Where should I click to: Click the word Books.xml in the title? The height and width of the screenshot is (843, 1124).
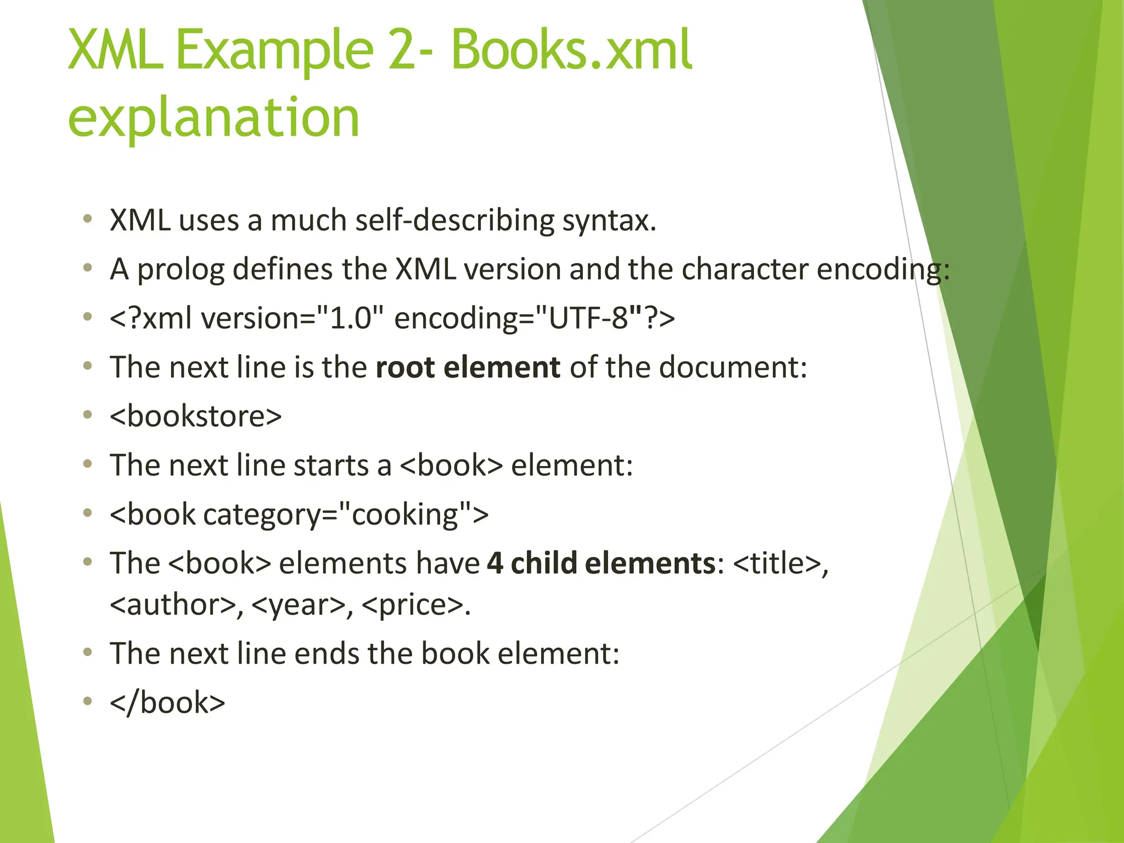(x=571, y=50)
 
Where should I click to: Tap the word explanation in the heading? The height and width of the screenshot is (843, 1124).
(x=213, y=117)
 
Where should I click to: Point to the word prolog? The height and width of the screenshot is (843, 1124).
(x=181, y=270)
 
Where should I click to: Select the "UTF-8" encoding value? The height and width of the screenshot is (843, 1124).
(x=589, y=318)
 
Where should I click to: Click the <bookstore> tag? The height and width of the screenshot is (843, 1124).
(x=195, y=416)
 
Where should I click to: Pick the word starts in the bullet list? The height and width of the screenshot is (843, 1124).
(x=331, y=465)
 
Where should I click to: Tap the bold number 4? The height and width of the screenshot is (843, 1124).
(x=494, y=563)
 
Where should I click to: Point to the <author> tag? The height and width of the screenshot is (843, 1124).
(x=173, y=605)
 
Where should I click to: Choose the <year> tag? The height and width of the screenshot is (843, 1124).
(x=299, y=605)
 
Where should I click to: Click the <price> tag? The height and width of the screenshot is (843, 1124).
(x=413, y=605)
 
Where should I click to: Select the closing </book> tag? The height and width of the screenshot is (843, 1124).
(x=167, y=702)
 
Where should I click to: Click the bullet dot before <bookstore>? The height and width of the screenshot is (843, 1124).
(x=87, y=415)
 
